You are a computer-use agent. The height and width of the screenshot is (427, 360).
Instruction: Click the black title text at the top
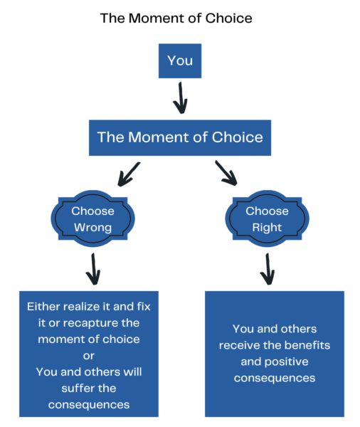tap(176, 19)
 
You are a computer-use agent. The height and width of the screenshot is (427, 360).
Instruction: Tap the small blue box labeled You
tap(180, 60)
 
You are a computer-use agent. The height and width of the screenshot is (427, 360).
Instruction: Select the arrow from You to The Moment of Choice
tap(180, 98)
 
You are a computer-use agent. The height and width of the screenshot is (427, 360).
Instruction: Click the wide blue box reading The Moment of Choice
tap(180, 138)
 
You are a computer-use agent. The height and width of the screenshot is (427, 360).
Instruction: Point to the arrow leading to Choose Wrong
tap(129, 174)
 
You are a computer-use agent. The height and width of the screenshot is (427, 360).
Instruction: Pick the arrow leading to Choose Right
tap(226, 173)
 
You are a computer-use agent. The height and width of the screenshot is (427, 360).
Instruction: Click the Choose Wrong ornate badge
tap(93, 218)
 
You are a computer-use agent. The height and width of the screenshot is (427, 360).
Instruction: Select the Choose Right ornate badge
tap(267, 218)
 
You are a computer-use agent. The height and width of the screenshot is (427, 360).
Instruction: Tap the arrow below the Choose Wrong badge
tap(93, 269)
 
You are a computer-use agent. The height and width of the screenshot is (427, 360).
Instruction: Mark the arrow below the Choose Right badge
tap(268, 269)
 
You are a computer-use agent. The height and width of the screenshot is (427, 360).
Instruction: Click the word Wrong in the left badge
tap(93, 228)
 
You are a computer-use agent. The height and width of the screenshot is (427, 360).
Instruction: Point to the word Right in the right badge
tap(267, 228)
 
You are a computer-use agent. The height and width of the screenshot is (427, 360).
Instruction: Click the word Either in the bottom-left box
tap(43, 307)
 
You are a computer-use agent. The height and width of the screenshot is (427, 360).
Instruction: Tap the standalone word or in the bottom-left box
tap(89, 356)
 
